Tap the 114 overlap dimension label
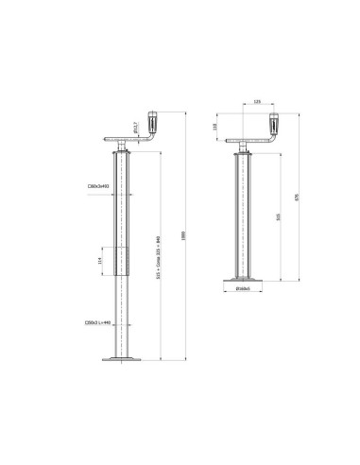(100, 260)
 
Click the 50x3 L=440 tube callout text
(97, 324)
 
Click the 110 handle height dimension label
(214, 126)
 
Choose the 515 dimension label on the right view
(276, 215)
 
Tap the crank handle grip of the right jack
(277, 124)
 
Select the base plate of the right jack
(243, 282)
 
